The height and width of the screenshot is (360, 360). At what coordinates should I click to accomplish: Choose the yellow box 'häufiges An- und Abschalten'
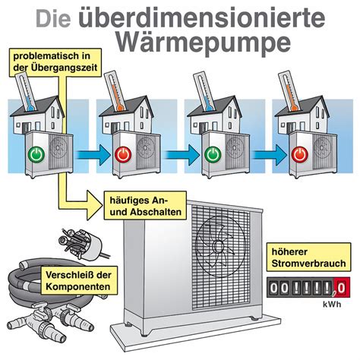click(145, 205)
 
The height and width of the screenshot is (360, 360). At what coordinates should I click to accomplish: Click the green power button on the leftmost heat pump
click(36, 154)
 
